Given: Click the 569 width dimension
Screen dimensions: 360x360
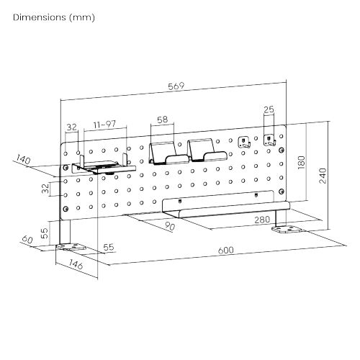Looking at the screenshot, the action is point(176,86).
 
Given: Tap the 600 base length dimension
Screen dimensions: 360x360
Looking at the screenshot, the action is point(225,250).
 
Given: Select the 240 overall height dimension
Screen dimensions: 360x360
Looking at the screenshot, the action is point(323,176).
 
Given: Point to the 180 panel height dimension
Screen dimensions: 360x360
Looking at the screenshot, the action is point(302,163).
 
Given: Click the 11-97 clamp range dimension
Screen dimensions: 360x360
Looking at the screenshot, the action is point(105,125).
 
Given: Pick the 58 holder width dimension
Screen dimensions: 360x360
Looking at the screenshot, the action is point(162,120).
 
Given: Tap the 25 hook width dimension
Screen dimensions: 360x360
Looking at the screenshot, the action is point(269,109).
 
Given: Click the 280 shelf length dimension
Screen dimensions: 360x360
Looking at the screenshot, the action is point(262,220).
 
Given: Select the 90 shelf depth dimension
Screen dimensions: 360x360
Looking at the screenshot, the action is point(170,226).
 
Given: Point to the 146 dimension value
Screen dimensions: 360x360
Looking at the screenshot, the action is point(76,264).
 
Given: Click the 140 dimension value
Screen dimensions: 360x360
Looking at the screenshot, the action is point(23,159).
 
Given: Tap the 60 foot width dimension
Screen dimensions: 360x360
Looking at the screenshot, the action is point(27,239).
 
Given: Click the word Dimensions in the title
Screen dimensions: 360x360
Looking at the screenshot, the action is point(40,17).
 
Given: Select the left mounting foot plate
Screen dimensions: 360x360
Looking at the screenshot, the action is point(71,247).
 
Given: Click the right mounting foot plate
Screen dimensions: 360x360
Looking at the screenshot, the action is point(287,230).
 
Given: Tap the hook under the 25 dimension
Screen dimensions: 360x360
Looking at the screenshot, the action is point(269,140).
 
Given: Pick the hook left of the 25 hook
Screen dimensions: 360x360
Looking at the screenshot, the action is point(244,142).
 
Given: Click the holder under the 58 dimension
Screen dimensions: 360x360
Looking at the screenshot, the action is point(168,153).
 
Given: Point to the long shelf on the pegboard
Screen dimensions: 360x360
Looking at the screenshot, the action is point(225,204).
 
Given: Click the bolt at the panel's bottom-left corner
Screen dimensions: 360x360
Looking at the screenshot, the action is point(66,209).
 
